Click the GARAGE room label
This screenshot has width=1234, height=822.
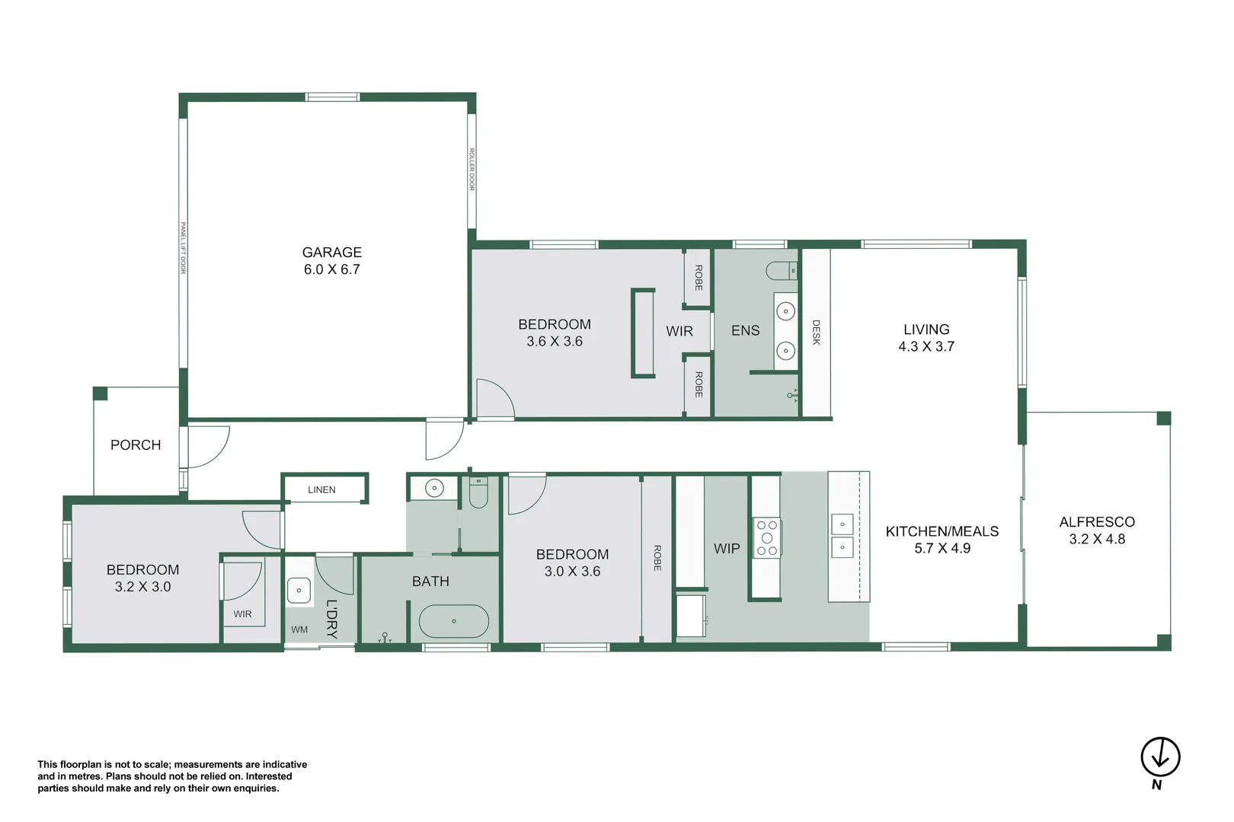click(x=331, y=253)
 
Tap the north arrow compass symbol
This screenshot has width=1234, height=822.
click(x=1159, y=757)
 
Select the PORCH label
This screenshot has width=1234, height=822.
click(x=136, y=445)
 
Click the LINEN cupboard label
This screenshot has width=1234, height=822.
click(x=321, y=490)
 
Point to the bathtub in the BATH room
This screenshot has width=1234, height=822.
click(x=453, y=622)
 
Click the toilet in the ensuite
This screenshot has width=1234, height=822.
click(x=782, y=270)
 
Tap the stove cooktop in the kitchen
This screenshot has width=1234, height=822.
click(x=766, y=538)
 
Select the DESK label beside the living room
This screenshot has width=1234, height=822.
click(x=816, y=332)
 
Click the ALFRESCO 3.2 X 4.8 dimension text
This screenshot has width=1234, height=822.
click(x=1096, y=540)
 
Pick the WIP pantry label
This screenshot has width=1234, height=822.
click(x=726, y=549)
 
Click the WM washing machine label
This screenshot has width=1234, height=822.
click(x=299, y=629)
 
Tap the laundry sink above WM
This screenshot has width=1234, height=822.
click(x=299, y=591)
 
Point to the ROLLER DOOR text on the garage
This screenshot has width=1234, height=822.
click(x=472, y=169)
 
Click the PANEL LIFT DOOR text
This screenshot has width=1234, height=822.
click(x=183, y=248)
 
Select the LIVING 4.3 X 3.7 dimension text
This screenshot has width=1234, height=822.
click(x=925, y=347)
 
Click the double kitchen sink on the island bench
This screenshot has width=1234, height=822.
click(x=842, y=536)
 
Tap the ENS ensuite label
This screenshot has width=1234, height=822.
click(x=745, y=331)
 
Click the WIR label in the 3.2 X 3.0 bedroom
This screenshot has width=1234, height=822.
click(x=242, y=614)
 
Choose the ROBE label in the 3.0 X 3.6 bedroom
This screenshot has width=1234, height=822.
click(x=657, y=558)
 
